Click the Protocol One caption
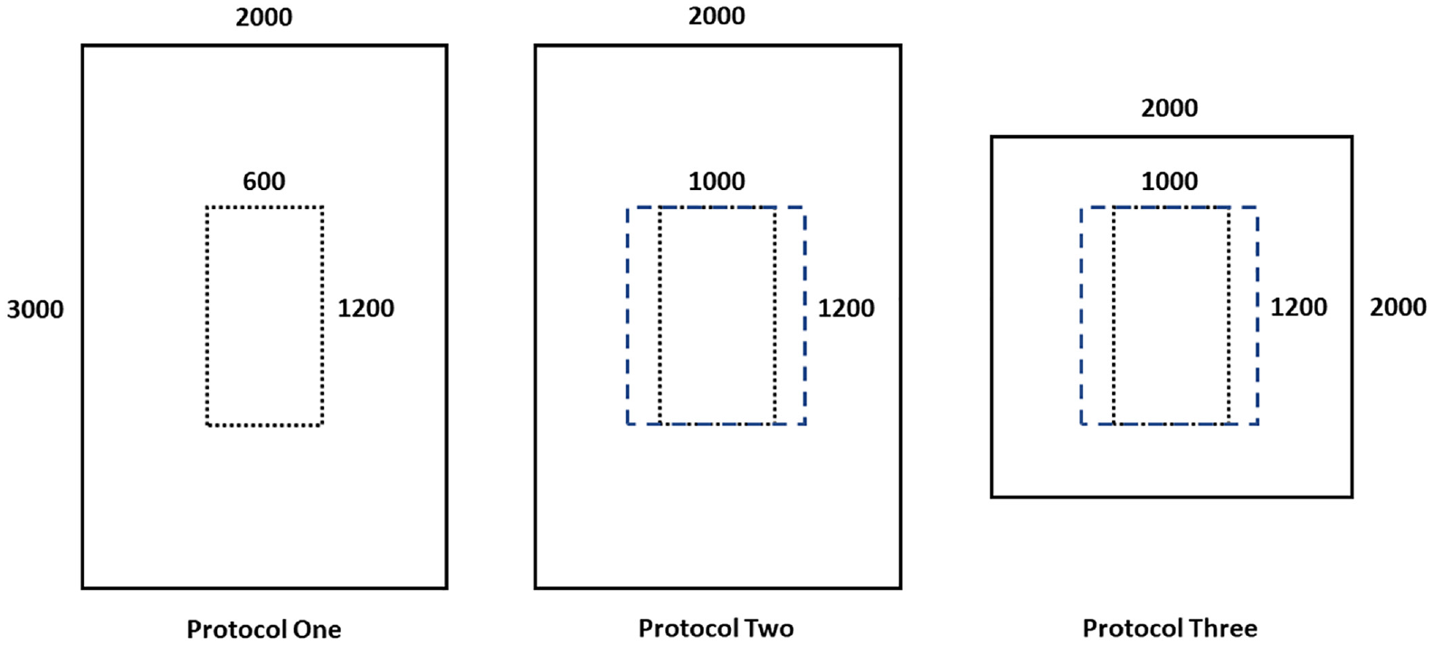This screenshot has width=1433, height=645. click(263, 629)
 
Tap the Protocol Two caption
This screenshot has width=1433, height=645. click(716, 629)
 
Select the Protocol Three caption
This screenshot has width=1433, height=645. click(1170, 629)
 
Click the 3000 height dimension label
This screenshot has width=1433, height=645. click(35, 309)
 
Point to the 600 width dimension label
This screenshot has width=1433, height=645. click(263, 181)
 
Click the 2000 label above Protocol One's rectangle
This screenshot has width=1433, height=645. click(263, 17)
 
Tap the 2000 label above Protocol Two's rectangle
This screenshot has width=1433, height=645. click(716, 16)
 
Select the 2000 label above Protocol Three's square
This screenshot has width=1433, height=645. click(1170, 109)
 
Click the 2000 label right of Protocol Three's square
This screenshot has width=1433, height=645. click(1398, 308)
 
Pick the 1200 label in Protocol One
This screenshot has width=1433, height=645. click(365, 308)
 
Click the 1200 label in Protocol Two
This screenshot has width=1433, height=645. click(846, 308)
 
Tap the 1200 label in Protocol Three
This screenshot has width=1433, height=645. click(1298, 308)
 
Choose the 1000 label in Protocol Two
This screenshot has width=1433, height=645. click(716, 181)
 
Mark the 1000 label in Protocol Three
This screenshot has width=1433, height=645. click(1170, 181)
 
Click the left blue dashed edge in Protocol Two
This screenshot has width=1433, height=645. click(628, 316)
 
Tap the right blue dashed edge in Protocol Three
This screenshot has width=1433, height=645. click(1257, 316)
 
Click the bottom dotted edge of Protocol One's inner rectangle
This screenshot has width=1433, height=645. click(264, 425)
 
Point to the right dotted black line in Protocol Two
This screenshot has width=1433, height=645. click(774, 316)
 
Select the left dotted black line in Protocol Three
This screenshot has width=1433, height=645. click(1114, 316)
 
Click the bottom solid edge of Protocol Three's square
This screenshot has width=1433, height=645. click(1172, 496)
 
